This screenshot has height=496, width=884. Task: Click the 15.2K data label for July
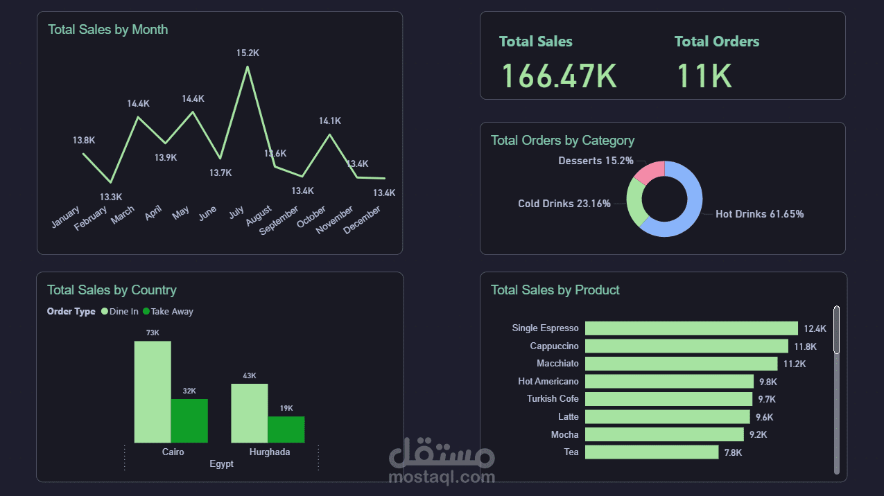[248, 53]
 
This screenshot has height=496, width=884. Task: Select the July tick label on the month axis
[236, 213]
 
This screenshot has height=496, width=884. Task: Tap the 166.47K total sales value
[559, 76]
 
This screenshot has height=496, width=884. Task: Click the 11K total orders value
[704, 76]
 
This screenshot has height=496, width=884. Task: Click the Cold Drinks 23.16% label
[564, 204]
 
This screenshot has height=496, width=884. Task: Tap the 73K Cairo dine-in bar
[153, 391]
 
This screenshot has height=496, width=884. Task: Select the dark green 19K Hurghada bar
[286, 429]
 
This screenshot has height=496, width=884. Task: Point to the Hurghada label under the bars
[269, 452]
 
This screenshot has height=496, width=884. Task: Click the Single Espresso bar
[691, 328]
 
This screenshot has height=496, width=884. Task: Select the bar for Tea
[652, 452]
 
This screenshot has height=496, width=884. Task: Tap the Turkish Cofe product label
[553, 399]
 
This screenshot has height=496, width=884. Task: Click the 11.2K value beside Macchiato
[795, 364]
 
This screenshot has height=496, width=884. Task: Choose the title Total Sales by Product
[555, 290]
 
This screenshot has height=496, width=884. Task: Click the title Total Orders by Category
[562, 141]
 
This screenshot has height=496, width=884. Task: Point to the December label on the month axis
[363, 220]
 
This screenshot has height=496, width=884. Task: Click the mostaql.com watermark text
[442, 477]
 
